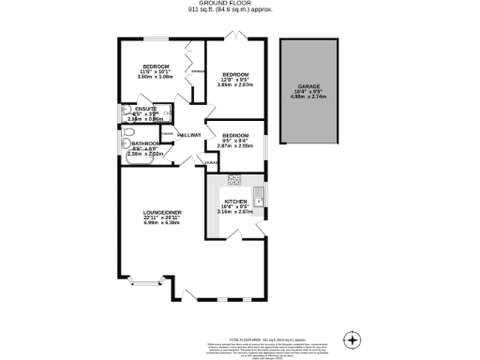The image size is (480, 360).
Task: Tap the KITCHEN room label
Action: [235, 201]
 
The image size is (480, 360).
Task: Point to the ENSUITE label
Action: [145, 109]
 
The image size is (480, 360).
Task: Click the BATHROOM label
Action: [145, 143]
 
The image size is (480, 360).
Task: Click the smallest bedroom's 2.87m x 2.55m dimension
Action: [235, 146]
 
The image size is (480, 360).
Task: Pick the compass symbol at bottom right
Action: [352, 338]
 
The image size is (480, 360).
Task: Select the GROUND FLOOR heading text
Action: [239, 4]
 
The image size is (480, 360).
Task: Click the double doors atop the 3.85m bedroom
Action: [238, 38]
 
